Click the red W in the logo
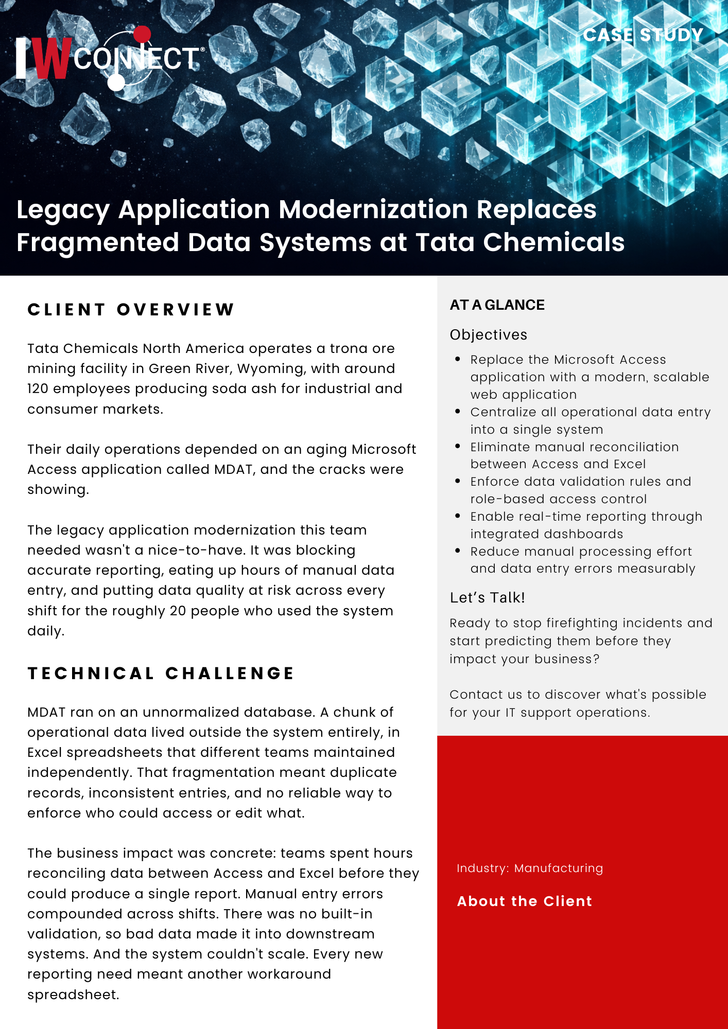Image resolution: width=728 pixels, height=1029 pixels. (x=53, y=59)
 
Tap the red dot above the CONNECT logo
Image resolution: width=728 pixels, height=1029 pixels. (x=142, y=34)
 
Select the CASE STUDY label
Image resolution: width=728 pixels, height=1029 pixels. (x=643, y=35)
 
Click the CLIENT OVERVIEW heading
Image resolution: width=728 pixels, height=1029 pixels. (x=131, y=310)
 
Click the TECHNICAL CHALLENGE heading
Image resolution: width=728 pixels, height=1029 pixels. (x=161, y=673)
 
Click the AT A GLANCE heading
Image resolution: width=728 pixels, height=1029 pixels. (x=497, y=305)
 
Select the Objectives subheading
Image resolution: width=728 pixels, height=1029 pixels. (x=489, y=335)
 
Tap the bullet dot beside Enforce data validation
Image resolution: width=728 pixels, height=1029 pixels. (x=458, y=481)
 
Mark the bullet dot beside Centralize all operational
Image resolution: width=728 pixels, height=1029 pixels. (x=458, y=412)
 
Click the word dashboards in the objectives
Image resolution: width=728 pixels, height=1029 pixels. (x=585, y=534)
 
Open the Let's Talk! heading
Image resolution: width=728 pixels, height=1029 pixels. (x=487, y=598)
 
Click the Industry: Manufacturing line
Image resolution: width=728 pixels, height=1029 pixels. (x=530, y=868)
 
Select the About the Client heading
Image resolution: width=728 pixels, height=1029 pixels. (x=525, y=901)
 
